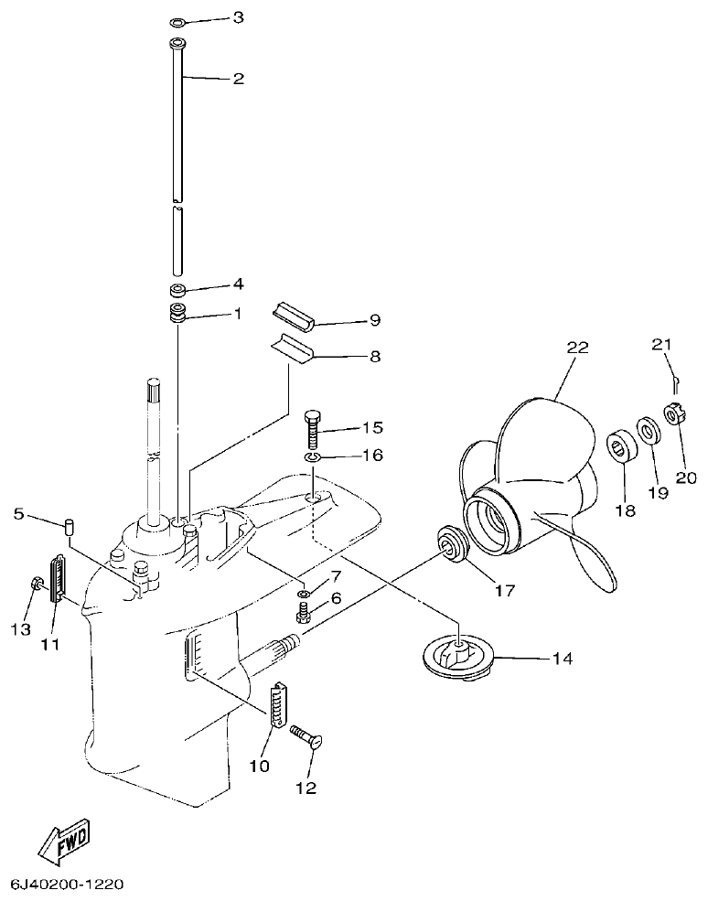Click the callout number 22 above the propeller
click(x=577, y=348)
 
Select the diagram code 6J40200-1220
click(x=67, y=885)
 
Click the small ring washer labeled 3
click(x=178, y=22)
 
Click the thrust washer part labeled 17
click(x=452, y=546)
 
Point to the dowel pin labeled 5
click(x=69, y=527)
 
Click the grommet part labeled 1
click(x=178, y=314)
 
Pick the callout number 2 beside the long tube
click(x=237, y=79)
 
